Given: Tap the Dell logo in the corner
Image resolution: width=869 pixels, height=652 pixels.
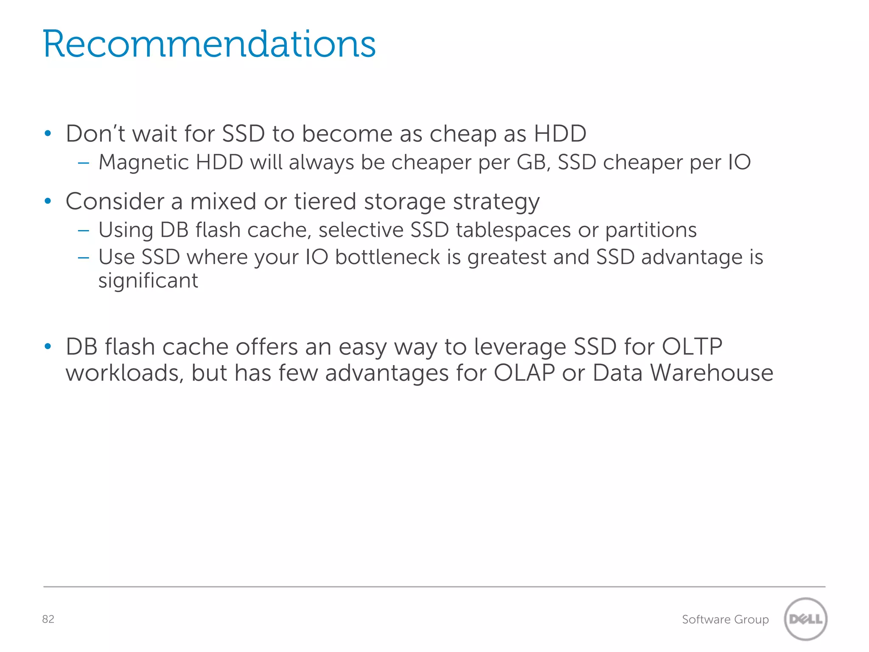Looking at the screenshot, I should (x=805, y=619).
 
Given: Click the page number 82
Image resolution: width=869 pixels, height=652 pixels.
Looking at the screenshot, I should (x=48, y=619).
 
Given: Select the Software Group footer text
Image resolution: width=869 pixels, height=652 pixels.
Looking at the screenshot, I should (x=725, y=619).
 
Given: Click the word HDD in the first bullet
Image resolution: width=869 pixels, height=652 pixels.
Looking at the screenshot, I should (x=560, y=134).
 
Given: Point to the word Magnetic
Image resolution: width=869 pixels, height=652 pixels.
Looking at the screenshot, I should (x=143, y=163).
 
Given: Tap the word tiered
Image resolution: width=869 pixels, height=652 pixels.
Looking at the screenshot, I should (x=325, y=201).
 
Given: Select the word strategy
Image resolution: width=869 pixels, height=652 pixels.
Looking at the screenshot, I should (x=496, y=202).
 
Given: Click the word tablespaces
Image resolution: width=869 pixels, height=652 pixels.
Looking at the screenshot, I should (x=513, y=230).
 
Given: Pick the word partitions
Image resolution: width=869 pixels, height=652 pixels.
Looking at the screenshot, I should (x=651, y=230).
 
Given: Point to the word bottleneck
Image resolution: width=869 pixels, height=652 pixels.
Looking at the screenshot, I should (x=387, y=257).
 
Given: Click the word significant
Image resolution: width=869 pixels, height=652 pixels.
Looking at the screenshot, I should (x=148, y=281).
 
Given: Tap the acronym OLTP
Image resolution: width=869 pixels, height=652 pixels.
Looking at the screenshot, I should (x=692, y=347).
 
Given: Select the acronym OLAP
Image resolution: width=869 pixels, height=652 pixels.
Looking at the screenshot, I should (x=524, y=373).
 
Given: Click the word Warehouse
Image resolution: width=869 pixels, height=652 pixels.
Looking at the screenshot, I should (x=712, y=373).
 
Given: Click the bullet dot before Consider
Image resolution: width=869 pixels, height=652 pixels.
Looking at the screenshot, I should (x=48, y=201).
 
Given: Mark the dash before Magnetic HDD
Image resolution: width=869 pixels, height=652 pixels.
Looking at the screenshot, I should (x=84, y=163).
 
